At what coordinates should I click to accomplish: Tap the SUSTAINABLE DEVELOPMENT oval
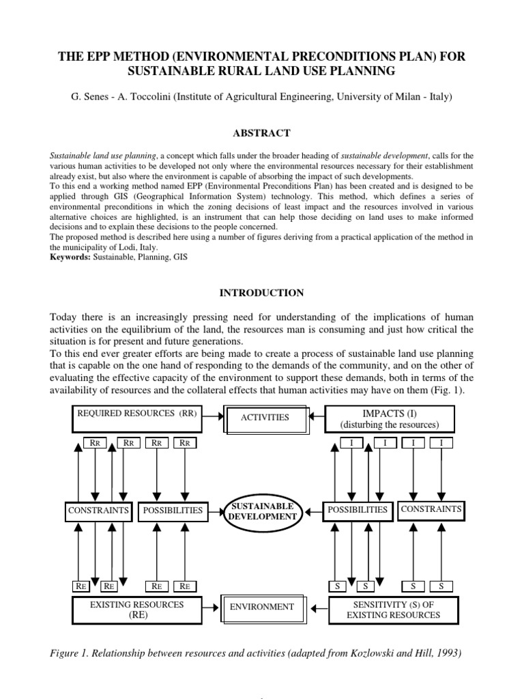click(263, 511)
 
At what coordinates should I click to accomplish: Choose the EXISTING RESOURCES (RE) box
click(136, 609)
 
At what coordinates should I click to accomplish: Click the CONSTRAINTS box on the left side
click(99, 510)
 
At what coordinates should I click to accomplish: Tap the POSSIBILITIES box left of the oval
click(171, 510)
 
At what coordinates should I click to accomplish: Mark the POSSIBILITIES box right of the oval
click(357, 510)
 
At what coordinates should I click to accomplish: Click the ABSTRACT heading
click(263, 133)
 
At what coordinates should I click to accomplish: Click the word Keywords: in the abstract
click(70, 258)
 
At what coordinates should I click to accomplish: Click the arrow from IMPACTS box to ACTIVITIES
click(315, 416)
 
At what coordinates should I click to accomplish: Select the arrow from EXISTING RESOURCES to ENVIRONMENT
click(212, 606)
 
